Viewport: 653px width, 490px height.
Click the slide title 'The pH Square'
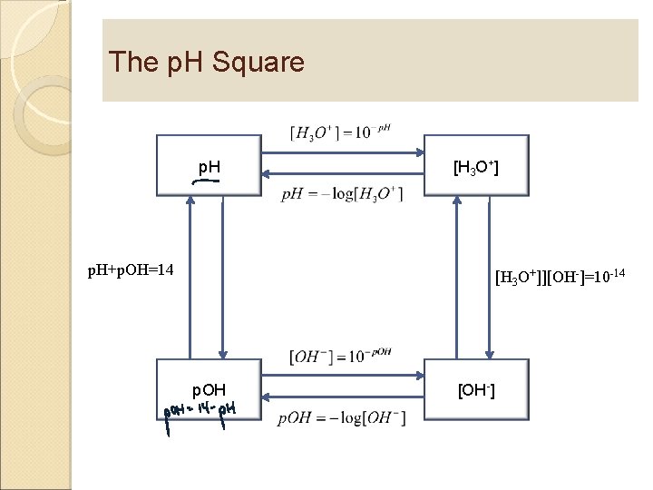point(206,63)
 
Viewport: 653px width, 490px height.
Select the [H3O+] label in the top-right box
point(476,167)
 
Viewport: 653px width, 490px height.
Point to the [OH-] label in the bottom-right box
point(476,391)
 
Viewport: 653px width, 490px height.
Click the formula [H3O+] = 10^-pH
point(341,132)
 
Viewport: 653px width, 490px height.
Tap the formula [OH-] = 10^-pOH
point(341,357)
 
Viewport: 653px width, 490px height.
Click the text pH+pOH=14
point(131,269)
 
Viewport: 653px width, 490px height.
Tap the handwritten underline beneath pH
point(206,181)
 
